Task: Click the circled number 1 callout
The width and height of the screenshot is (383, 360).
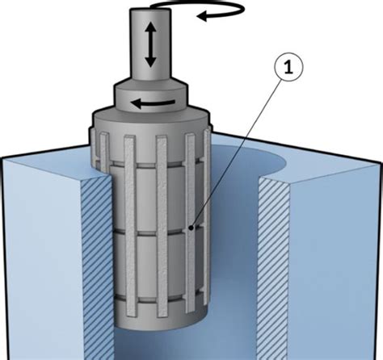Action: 288,68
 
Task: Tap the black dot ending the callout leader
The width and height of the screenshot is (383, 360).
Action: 191,228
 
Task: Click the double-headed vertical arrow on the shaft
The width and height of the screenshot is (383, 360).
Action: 151,44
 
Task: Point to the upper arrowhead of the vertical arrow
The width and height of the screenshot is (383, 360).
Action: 151,27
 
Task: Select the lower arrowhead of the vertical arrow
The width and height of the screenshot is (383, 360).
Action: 151,61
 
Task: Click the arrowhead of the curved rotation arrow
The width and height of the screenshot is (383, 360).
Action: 204,16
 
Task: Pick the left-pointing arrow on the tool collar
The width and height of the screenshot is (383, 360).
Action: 153,103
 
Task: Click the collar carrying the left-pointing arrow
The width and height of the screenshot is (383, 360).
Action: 150,95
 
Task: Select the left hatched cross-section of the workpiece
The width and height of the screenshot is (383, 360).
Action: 97,266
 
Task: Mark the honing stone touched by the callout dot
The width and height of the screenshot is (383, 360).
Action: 191,224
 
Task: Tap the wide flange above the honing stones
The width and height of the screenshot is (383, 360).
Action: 151,119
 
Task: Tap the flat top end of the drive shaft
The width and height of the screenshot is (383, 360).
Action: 150,10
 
